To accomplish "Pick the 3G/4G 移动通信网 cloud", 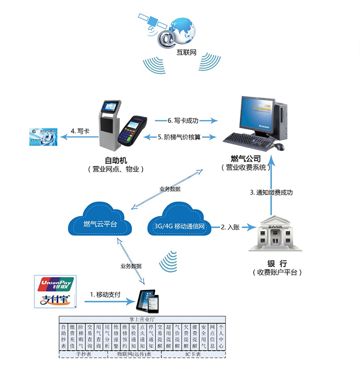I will [180, 224].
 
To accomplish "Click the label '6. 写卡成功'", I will [183, 121].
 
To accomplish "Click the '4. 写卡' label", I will [80, 132].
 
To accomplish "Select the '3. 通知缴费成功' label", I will [271, 192].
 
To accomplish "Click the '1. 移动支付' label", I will [105, 294].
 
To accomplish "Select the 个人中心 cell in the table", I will [221, 337].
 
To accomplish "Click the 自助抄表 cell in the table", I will [64, 337].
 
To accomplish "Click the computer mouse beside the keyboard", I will [279, 147].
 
